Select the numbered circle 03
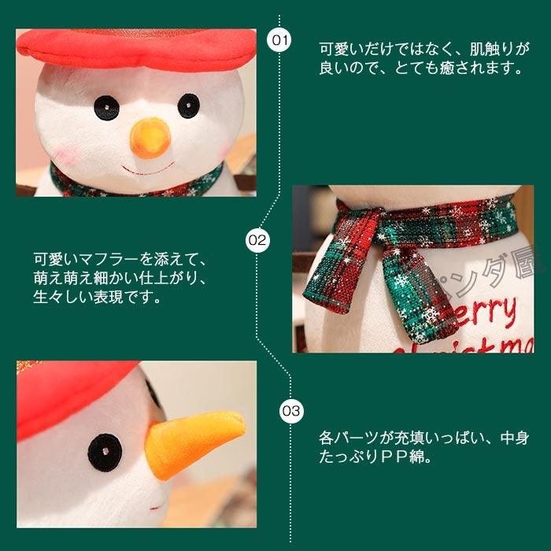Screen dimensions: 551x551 (290, 410)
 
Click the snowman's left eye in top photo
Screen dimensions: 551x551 (103, 108)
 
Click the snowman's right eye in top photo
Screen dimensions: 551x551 (187, 105)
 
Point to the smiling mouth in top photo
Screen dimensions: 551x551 (150, 170)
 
